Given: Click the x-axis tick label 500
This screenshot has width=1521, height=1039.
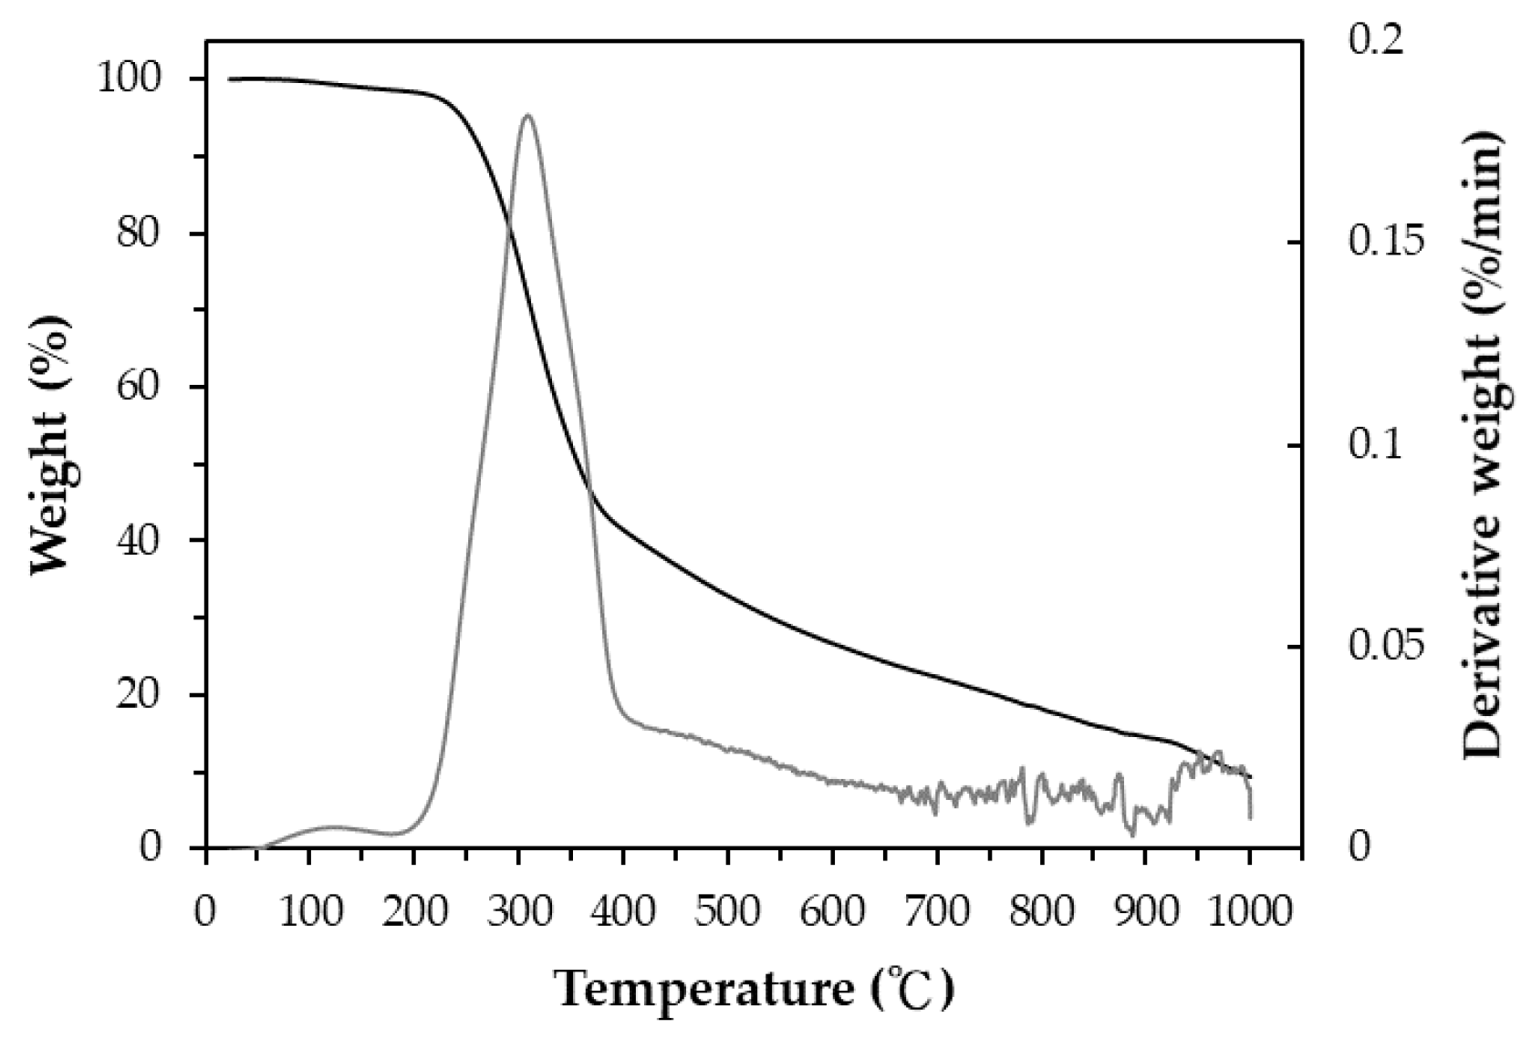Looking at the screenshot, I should tap(728, 911).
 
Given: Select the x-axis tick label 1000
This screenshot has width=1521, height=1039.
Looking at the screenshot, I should tap(1249, 911).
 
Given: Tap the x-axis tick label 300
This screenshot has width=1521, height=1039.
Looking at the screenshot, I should tap(519, 911).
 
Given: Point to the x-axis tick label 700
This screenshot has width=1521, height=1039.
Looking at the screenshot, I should tap(936, 911).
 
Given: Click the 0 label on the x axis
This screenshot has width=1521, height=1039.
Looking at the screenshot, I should tap(206, 911).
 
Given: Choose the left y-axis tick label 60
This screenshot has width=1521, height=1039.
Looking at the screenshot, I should tap(151, 388).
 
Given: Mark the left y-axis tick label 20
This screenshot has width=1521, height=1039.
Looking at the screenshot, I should tap(151, 695).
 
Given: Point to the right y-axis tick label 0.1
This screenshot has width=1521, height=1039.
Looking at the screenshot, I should tap(1374, 445).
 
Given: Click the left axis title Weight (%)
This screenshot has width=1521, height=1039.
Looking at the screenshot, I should tap(51, 446).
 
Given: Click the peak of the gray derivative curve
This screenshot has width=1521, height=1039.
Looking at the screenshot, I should tap(527, 115).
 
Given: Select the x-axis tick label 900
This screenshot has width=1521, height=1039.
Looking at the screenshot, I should tap(1145, 911).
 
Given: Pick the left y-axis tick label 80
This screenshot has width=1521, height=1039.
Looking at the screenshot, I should tap(151, 234).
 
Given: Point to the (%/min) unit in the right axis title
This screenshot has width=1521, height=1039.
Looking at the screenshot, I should tap(1482, 211).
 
